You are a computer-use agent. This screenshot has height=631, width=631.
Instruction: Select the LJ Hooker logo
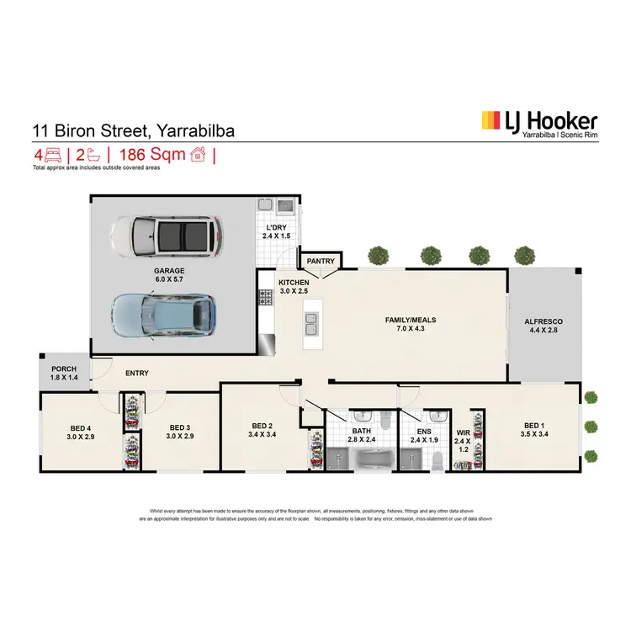(x=538, y=124)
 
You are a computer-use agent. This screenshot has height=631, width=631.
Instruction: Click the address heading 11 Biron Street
(x=133, y=130)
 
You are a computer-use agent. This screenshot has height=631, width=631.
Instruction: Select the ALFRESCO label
(x=544, y=322)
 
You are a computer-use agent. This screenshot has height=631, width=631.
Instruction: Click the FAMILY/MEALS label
(x=403, y=320)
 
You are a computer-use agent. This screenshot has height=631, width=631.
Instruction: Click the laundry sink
(x=285, y=204)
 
